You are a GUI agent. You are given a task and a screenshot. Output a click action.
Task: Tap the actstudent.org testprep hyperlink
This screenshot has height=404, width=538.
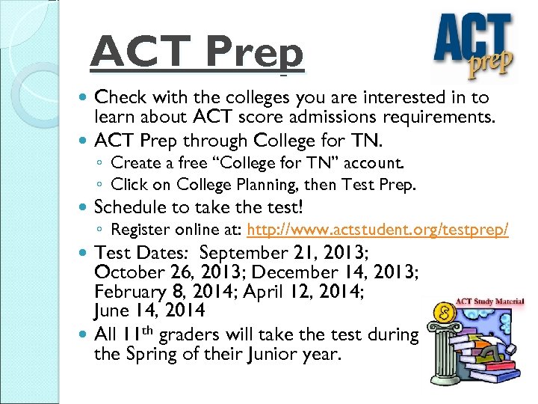tap(377, 230)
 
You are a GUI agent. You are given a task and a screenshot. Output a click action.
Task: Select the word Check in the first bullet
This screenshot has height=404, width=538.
tap(121, 97)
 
